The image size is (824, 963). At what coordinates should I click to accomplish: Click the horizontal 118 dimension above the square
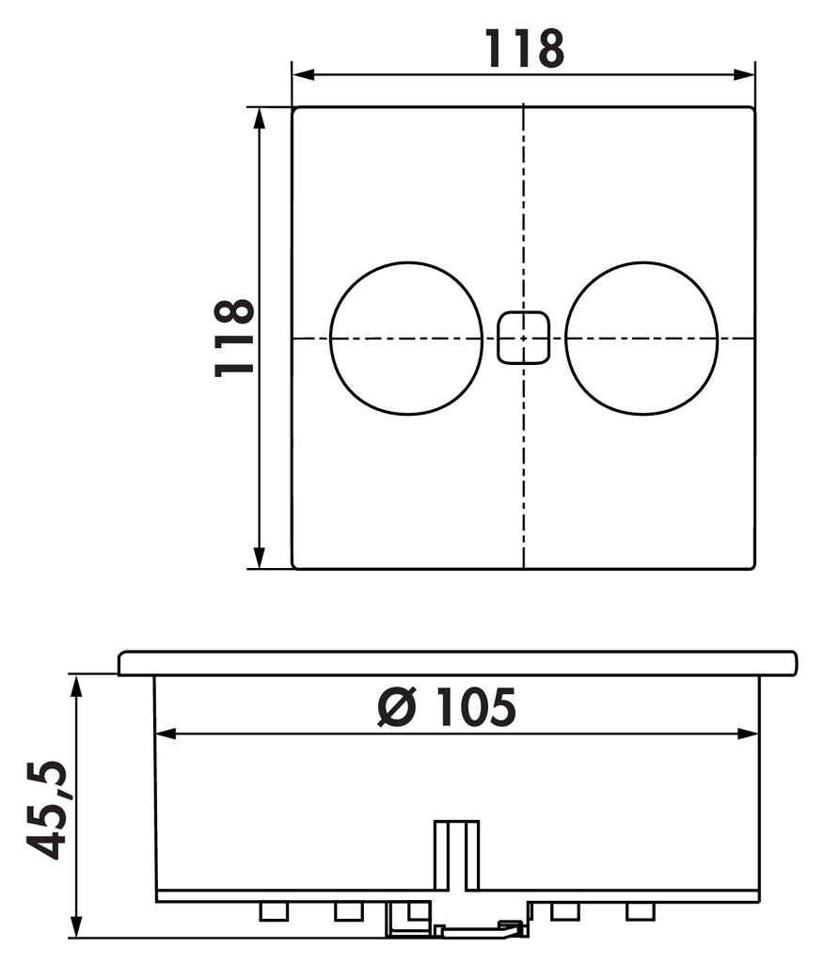coord(524,48)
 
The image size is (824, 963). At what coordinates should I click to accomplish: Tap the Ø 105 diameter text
coord(447,707)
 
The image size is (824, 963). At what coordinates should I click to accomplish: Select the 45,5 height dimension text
coord(47,809)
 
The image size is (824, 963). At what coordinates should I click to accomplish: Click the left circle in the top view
coord(406,338)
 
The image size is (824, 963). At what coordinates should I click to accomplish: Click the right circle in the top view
coord(642,338)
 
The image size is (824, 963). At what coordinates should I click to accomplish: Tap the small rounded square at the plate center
coord(523,338)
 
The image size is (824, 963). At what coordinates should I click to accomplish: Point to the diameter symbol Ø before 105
coord(396,708)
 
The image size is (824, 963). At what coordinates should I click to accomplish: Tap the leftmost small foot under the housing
coord(273,910)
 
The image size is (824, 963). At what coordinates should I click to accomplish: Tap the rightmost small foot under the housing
coord(640,910)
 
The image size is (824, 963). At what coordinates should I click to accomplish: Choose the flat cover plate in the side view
coord(457,663)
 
